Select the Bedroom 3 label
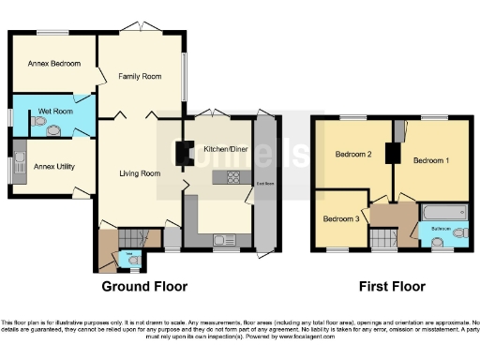[x=339, y=218]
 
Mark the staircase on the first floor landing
[x=383, y=240]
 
